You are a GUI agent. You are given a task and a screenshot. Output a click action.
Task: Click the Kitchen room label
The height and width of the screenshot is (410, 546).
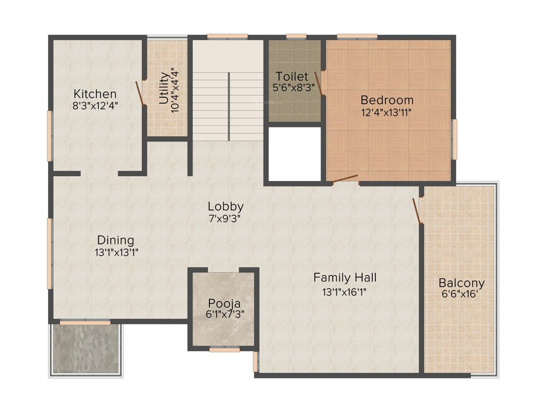(x=95, y=94)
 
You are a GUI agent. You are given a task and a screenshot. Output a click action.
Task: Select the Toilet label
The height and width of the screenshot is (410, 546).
(x=292, y=76)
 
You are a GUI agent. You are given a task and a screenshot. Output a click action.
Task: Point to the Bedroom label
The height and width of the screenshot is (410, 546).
(x=387, y=100)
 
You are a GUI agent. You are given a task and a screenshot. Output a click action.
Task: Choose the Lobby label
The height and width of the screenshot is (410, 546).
(x=226, y=206)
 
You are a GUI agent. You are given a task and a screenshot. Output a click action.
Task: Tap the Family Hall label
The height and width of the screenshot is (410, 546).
(x=344, y=278)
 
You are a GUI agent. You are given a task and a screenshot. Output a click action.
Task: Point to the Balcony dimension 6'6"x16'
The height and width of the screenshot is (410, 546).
(x=461, y=294)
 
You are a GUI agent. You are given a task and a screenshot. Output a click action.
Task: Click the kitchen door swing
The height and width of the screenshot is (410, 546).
(x=141, y=93)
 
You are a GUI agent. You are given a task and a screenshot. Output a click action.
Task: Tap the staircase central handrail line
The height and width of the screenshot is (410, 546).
(x=229, y=107)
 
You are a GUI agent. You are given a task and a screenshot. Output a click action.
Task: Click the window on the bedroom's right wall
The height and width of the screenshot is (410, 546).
(x=454, y=139)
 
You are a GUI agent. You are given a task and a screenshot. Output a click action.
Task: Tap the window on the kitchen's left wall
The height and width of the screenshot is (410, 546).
(x=50, y=136)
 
